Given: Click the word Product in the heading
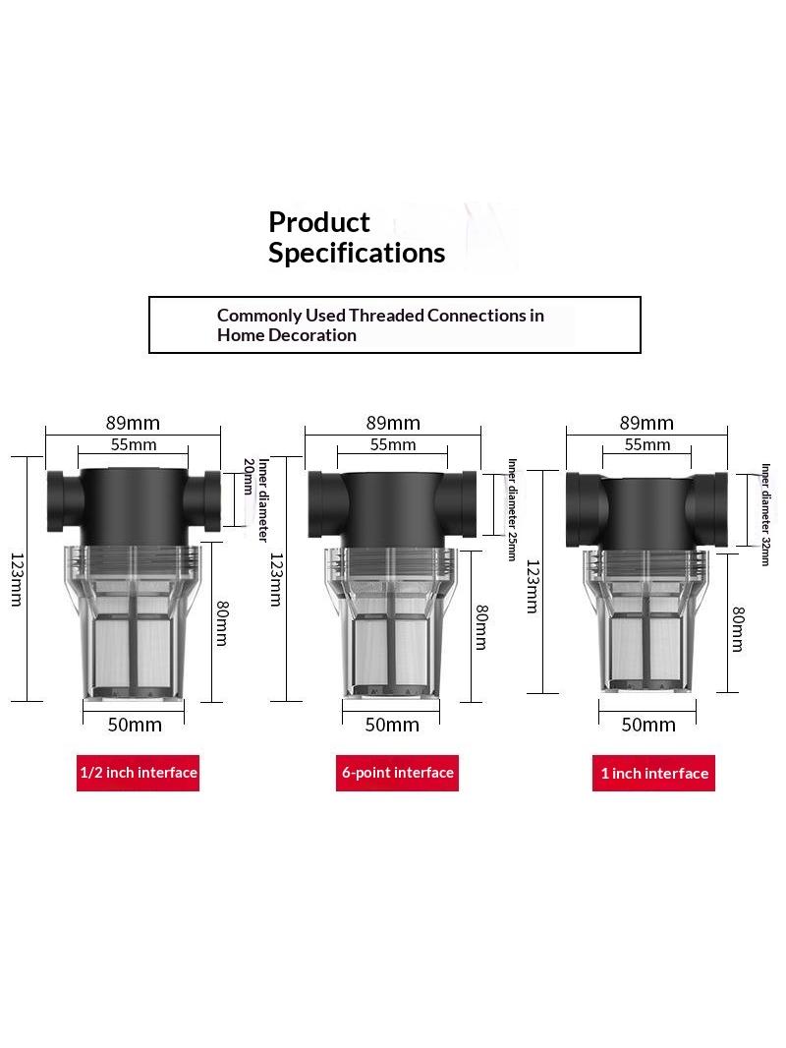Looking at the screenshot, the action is point(318,222).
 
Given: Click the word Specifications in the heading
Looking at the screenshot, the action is point(357,254).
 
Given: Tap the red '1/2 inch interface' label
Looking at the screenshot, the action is point(139,773).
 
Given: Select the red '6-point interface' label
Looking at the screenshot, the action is point(397,773).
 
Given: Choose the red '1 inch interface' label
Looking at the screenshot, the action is point(653,774).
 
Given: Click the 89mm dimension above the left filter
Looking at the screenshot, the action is point(133,423).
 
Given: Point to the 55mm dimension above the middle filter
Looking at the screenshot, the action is point(393,444).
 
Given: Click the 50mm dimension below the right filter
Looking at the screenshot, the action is point(647,725).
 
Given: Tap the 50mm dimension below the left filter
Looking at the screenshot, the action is point(135,725).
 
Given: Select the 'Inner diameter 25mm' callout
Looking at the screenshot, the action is point(512,509).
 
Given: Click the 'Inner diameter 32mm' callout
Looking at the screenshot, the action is point(766,514).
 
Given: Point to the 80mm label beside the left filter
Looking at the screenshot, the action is point(222,623).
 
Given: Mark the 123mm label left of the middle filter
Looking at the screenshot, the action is point(276,579).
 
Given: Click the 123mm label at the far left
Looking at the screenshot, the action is point(17,579).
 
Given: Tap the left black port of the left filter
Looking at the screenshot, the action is point(65,501).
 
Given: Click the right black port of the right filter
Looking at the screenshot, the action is point(707,510).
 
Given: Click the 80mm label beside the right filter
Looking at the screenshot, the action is point(738,629).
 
